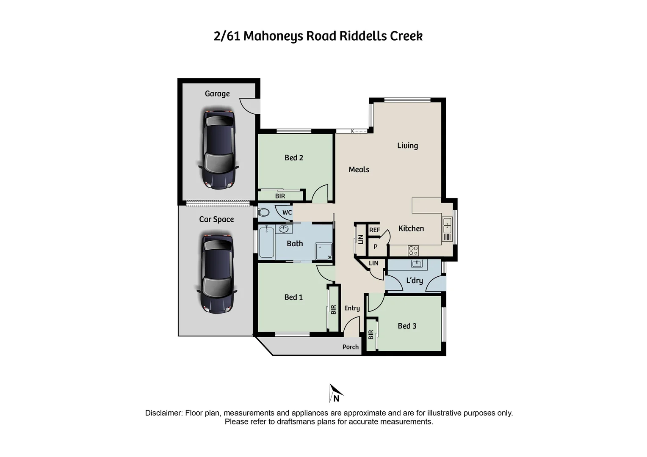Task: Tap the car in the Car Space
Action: point(217,273)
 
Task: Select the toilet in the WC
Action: point(264,212)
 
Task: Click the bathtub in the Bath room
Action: point(266,242)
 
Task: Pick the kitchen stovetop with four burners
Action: point(413,251)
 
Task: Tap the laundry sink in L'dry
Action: point(417,264)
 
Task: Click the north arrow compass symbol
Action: point(335,393)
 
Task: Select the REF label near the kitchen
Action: point(375,230)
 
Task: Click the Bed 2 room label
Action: point(294,158)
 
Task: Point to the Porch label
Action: point(351,347)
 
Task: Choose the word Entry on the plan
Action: point(352,308)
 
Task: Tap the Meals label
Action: point(359,170)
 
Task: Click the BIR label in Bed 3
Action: point(371,335)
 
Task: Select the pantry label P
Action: point(375,247)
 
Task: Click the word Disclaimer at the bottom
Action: point(164,413)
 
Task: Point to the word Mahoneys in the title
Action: point(273,36)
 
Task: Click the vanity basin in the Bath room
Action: point(284,229)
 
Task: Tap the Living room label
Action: point(407,146)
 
